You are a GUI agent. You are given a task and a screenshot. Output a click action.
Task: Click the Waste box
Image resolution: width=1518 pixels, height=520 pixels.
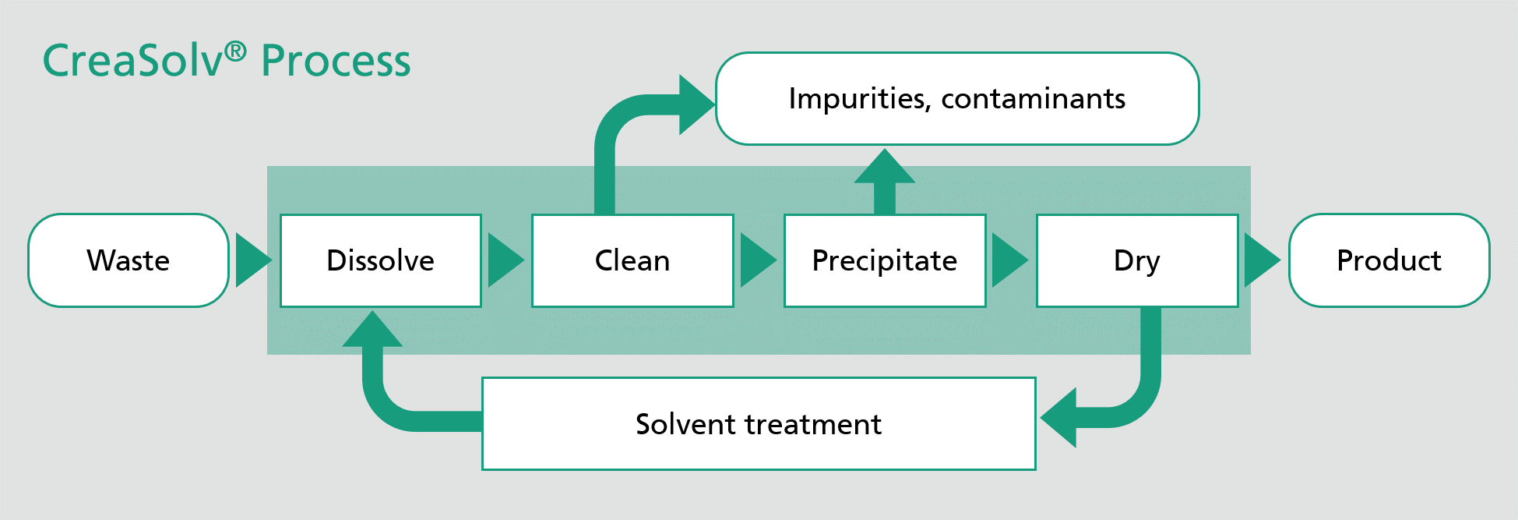pos(129,260)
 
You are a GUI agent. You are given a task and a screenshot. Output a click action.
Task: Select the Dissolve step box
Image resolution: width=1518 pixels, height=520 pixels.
pos(381,260)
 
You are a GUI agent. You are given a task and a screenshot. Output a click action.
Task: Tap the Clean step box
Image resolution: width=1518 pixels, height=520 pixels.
pos(632,260)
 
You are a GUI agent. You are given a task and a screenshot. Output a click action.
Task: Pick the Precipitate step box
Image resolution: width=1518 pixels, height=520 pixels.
pos(885,260)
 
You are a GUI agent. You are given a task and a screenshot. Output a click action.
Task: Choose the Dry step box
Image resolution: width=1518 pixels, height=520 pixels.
pos(1137,260)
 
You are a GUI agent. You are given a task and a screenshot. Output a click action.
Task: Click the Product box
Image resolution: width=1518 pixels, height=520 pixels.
pos(1389,260)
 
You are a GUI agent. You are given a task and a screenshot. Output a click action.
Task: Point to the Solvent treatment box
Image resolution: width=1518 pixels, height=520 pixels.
pos(759,424)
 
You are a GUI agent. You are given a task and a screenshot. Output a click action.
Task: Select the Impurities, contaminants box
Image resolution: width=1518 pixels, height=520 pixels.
pos(957,99)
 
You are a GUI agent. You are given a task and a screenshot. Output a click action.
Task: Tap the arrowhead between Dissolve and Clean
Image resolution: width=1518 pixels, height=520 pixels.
pos(506,260)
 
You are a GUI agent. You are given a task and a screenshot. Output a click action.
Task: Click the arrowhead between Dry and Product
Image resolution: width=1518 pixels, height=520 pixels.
pos(1263,260)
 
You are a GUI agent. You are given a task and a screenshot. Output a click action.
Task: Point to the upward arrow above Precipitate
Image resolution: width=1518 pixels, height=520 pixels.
pos(885,181)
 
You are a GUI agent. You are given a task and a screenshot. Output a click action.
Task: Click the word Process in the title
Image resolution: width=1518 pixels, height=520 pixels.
pos(336,61)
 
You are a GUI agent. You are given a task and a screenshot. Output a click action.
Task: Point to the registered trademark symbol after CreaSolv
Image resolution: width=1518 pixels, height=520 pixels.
pos(235,52)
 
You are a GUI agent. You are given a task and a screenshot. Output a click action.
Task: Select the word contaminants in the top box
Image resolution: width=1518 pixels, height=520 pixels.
pos(1033,99)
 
